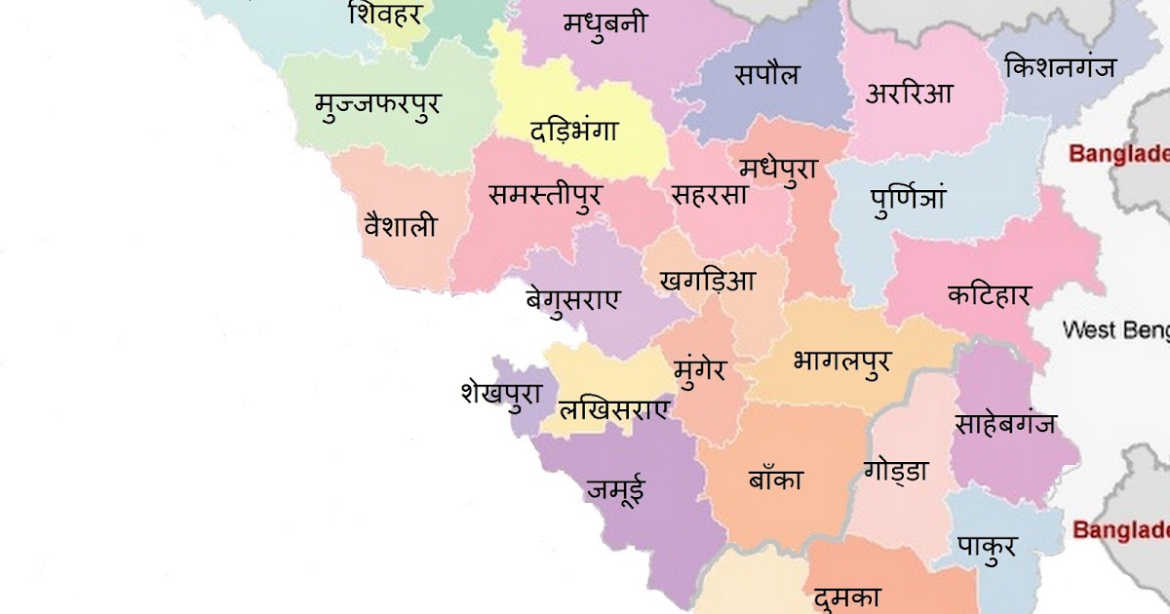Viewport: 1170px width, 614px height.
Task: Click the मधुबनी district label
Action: tap(604, 24)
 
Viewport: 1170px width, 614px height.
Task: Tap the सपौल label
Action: tap(767, 75)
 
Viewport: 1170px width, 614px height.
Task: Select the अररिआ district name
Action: tap(909, 95)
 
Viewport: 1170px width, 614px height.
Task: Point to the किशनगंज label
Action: tap(1060, 67)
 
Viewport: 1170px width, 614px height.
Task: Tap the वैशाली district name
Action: tap(400, 227)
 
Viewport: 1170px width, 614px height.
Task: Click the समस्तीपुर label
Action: tap(544, 195)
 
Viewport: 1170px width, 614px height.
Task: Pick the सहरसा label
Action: tap(710, 195)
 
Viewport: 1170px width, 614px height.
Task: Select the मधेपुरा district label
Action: tap(777, 169)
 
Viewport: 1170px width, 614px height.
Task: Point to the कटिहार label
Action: tap(989, 294)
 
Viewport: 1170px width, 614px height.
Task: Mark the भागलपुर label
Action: tap(841, 363)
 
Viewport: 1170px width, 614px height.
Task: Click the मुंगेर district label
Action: tap(700, 370)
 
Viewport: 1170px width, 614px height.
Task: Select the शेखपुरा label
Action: tap(501, 395)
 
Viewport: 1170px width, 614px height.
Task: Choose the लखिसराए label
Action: tap(614, 410)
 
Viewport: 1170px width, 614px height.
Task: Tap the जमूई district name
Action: tap(615, 489)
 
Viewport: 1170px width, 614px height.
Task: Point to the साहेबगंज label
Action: tap(1005, 425)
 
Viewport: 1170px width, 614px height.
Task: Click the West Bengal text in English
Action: tap(1115, 329)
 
